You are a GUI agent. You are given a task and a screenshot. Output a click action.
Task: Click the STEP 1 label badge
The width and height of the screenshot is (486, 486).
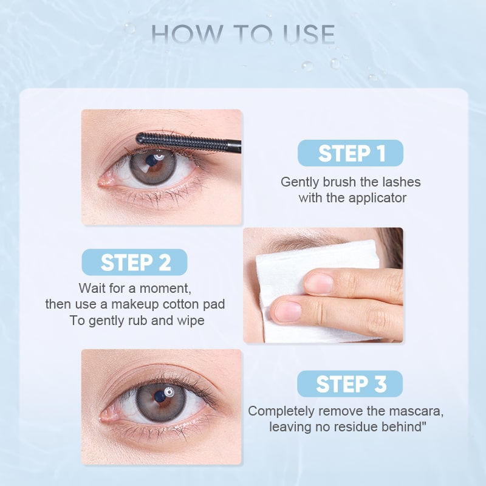coord(351,153)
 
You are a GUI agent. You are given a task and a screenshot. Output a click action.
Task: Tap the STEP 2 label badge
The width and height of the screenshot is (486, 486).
coord(135,262)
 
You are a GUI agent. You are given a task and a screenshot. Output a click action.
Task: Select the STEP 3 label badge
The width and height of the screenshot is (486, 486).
coord(351,384)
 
